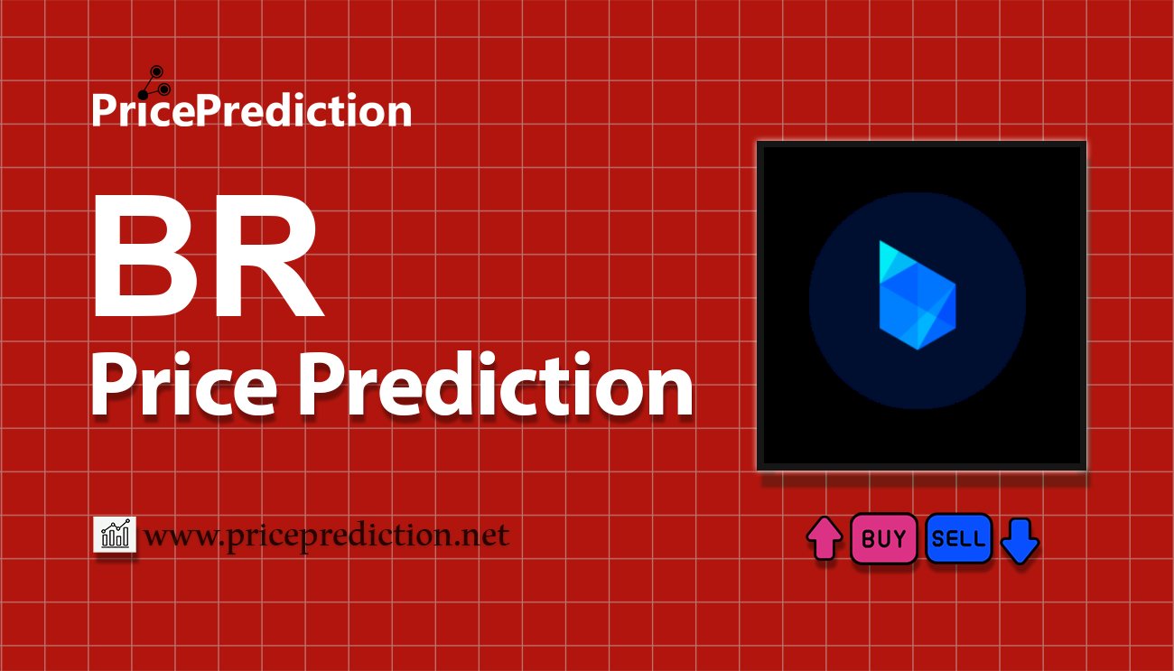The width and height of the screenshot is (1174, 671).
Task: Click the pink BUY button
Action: [883, 539]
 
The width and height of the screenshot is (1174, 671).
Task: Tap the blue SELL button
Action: [958, 539]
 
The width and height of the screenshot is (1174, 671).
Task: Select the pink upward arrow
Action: [824, 539]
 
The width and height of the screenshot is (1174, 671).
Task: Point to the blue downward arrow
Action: [1020, 540]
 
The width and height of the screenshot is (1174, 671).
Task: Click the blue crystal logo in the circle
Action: [917, 294]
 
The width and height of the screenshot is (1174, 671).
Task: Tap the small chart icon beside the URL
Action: [115, 536]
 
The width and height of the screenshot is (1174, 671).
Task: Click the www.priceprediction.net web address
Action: [327, 536]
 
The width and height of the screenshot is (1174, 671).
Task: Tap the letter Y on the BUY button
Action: [899, 539]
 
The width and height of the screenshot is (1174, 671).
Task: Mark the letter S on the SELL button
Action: [937, 539]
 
